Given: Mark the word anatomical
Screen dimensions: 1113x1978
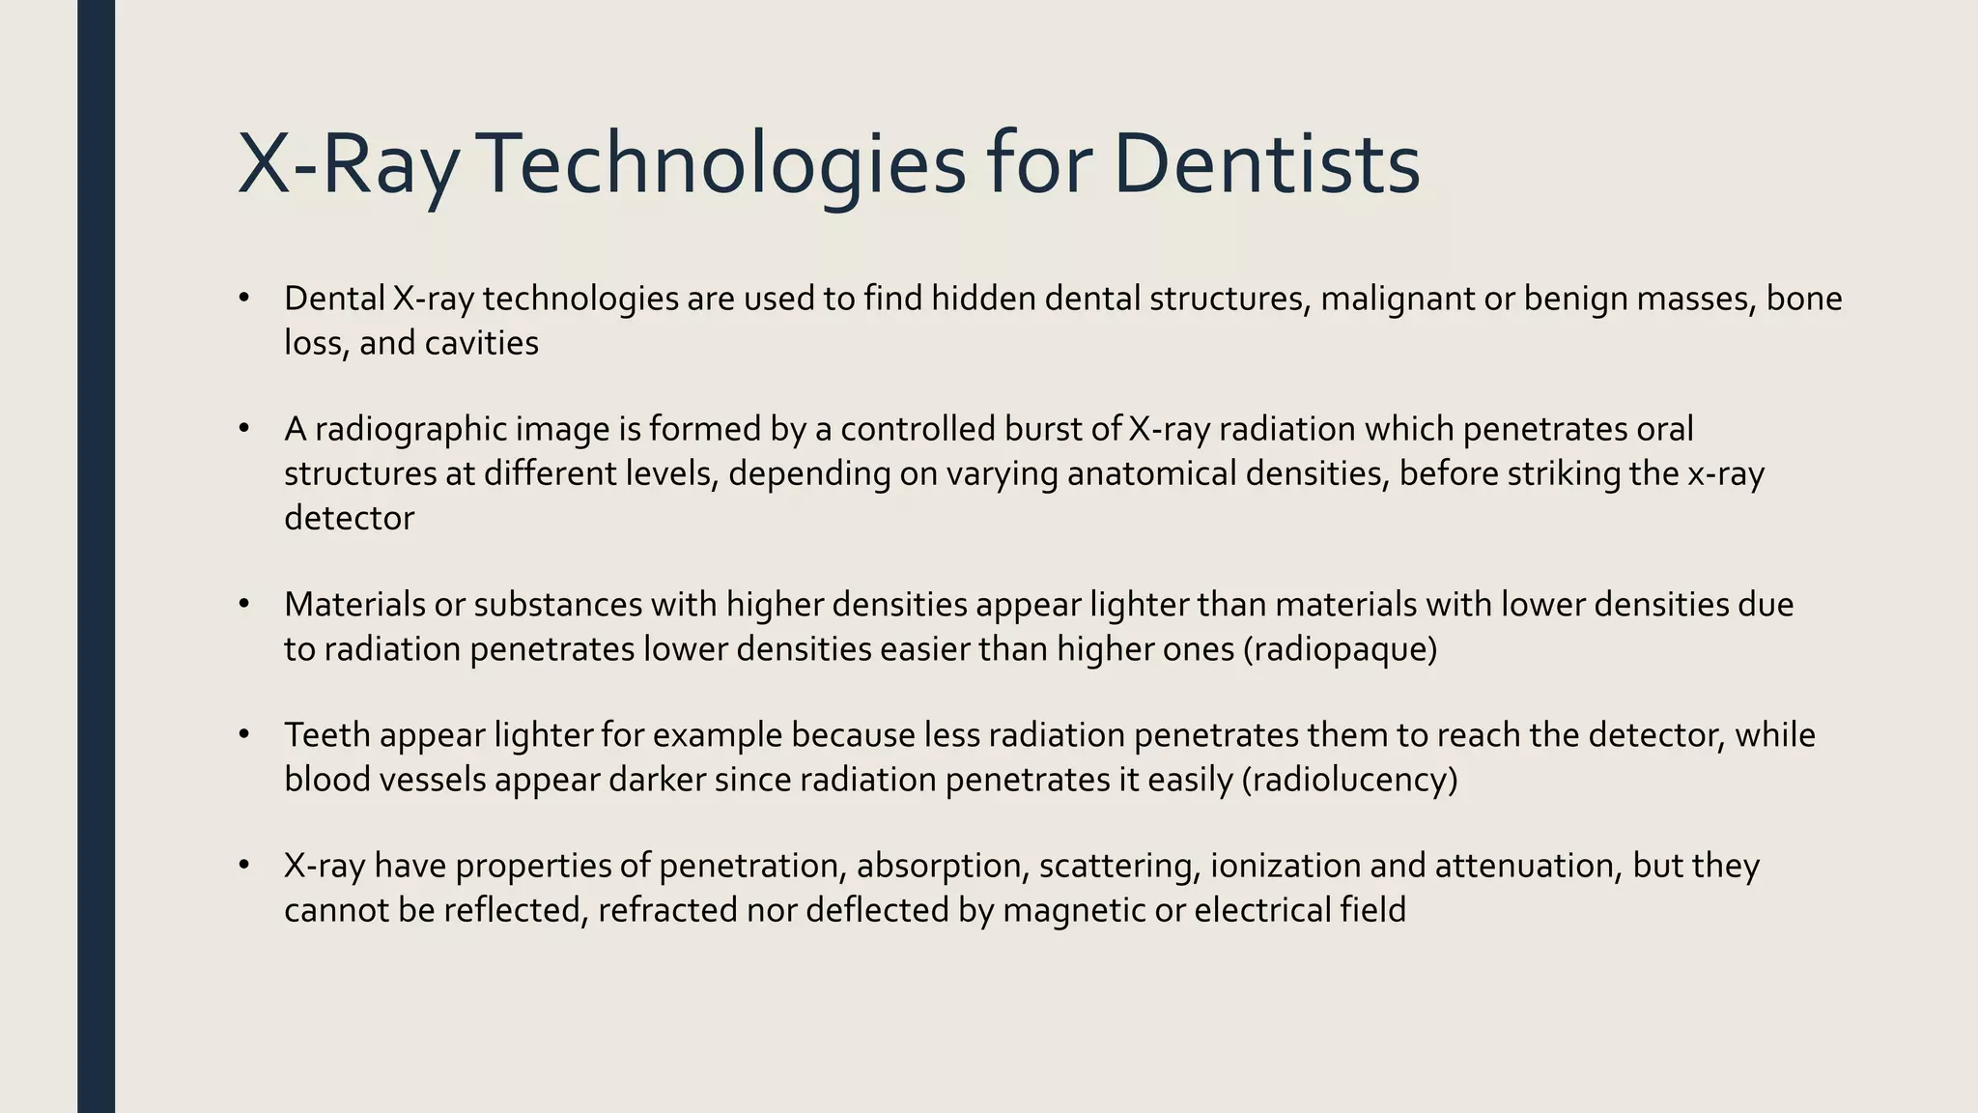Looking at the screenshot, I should point(1151,473).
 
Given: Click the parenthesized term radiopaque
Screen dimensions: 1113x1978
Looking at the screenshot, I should point(1340,649).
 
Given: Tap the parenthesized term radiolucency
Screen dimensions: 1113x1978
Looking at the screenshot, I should point(1349,780).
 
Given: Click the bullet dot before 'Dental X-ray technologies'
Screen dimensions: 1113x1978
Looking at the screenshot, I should point(244,299).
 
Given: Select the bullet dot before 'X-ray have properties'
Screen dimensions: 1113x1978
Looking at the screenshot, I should point(244,865).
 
